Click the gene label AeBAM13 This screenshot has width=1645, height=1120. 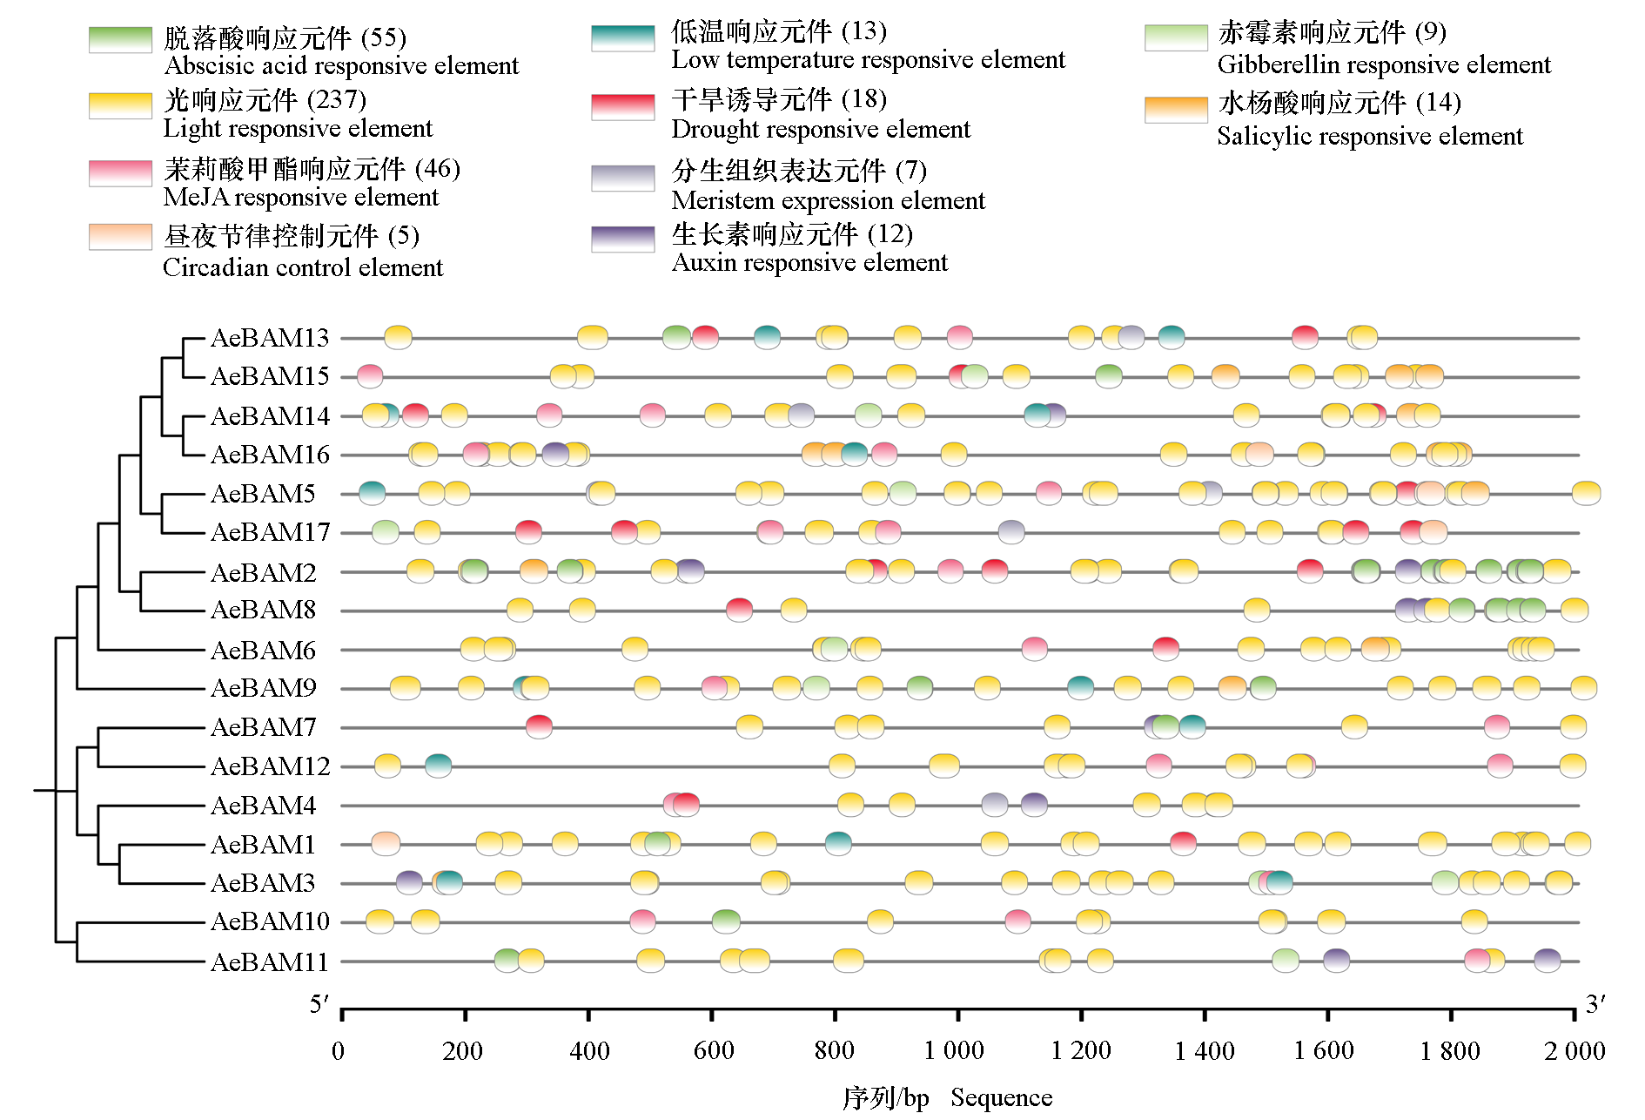coord(270,338)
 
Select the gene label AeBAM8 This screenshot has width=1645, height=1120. coord(263,610)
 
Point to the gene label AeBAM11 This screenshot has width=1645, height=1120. coord(270,962)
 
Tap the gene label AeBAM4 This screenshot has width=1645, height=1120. coord(263,806)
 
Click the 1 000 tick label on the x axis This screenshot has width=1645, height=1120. coord(954,1051)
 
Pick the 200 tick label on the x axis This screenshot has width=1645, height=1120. coord(462,1051)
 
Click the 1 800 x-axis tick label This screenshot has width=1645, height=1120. coord(1449,1051)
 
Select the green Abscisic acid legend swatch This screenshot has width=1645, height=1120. coord(120,40)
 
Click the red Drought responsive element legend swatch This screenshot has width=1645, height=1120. coord(622,106)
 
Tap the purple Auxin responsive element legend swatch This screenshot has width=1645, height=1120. coord(622,239)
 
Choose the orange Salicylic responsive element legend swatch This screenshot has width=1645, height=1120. coord(1176,109)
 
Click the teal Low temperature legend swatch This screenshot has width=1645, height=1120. coord(622,38)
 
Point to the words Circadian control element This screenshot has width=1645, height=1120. coord(303,267)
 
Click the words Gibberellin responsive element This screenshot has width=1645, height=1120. coord(1383,64)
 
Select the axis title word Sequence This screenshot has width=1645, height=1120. coord(1001,1098)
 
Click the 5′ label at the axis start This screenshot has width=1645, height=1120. coord(320,1005)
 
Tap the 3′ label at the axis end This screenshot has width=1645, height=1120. coord(1595,1005)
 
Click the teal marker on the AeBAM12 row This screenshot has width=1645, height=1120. coord(439,766)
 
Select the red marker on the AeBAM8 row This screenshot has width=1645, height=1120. coord(739,610)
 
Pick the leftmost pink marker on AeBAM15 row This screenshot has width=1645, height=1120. coord(370,376)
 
